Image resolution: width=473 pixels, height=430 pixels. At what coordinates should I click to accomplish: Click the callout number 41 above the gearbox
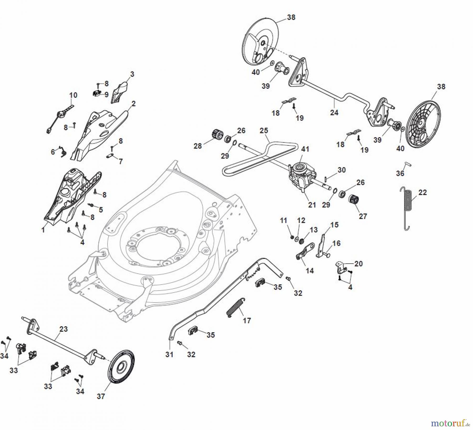coord(305,149)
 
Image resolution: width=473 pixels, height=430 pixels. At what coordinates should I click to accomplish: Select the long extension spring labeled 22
coord(408,208)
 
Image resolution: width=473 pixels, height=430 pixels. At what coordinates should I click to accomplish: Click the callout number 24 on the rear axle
coord(334,112)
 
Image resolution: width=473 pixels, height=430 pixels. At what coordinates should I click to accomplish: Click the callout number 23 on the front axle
coord(63,329)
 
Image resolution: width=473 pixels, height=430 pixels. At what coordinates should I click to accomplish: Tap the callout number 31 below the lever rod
coord(169,355)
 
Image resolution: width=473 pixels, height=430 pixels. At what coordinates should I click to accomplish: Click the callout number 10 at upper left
coord(73,95)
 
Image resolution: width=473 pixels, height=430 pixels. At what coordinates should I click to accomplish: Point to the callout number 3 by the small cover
coord(132,74)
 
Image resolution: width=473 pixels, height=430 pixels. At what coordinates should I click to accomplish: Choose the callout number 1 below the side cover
coord(43,230)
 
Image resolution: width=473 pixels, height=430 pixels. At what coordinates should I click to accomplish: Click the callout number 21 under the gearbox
coord(312,205)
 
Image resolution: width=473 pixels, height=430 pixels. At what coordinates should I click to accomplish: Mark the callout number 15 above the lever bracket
coord(334,225)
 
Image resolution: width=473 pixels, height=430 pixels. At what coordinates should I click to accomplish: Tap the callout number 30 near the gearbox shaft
coord(341,170)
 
